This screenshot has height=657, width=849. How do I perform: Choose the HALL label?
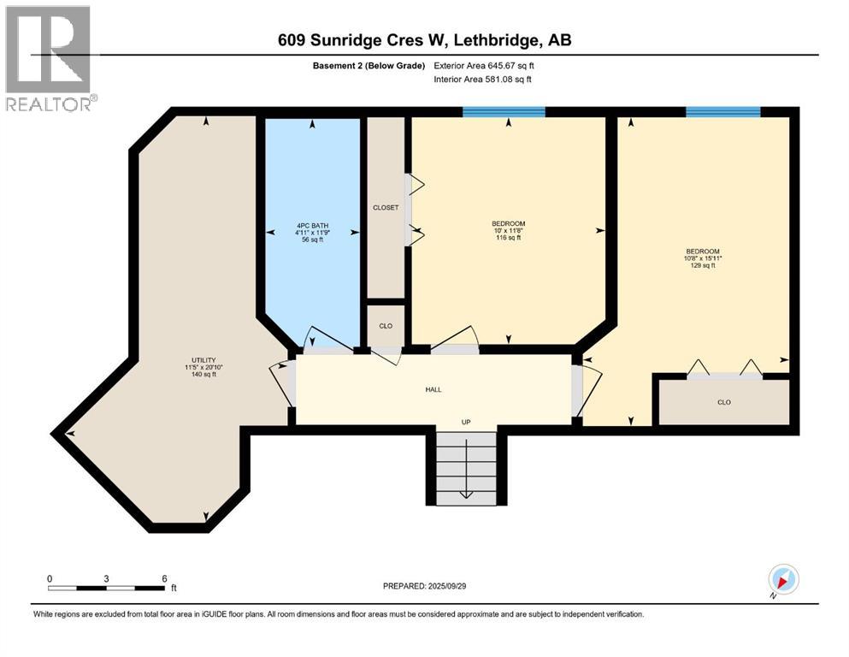click(x=433, y=389)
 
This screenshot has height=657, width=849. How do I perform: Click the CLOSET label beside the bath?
click(x=386, y=208)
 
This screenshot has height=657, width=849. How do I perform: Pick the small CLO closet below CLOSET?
click(x=386, y=325)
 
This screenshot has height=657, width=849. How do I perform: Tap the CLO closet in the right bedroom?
click(x=723, y=401)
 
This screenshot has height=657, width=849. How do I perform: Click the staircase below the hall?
click(x=466, y=466)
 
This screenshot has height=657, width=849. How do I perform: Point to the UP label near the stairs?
click(x=466, y=422)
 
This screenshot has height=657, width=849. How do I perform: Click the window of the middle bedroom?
click(x=504, y=111)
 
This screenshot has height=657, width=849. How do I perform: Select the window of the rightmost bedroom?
click(x=723, y=111)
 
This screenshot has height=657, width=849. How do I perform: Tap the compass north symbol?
click(x=782, y=579)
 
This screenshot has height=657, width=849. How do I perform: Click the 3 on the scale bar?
click(x=107, y=578)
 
